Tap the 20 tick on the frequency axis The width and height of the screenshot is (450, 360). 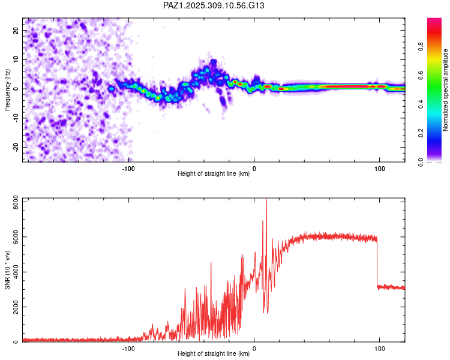[16, 30]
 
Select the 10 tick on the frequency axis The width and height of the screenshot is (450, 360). [16, 59]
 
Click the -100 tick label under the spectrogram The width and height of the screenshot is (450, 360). [128, 169]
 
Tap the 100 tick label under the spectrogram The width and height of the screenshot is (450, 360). [379, 169]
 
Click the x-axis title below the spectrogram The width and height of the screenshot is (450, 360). [214, 174]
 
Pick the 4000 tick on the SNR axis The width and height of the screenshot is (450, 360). [12, 272]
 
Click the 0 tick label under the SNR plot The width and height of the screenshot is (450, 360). [254, 349]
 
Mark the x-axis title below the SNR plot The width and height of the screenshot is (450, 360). [214, 354]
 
